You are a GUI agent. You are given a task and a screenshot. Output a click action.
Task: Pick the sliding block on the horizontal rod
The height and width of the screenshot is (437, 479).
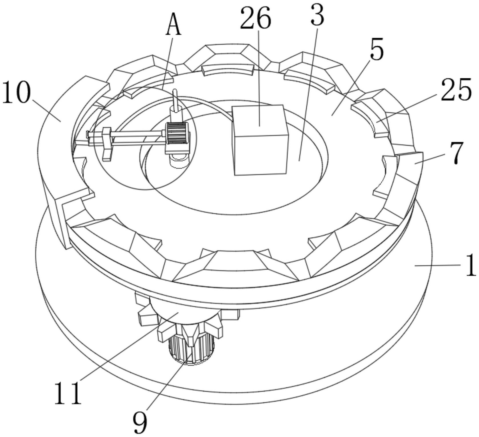[x=106, y=143]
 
